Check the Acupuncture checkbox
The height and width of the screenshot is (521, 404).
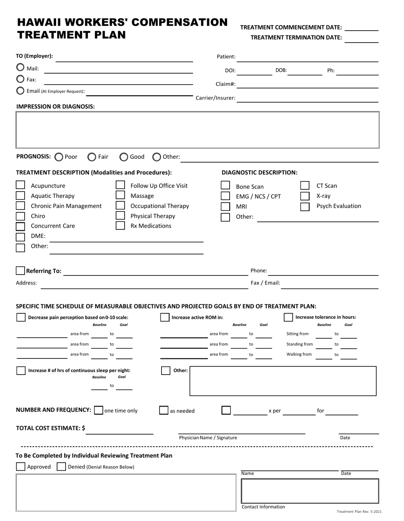20,185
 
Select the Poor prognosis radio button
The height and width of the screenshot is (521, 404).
59,157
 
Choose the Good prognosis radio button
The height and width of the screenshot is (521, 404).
124,157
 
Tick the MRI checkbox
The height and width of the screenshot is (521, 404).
225,206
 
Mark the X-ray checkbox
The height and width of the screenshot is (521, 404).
304,196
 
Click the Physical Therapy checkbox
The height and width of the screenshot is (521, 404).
120,216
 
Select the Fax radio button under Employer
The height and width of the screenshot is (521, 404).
20,79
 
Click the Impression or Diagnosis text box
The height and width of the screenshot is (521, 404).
197,130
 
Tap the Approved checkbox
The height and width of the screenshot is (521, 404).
20,467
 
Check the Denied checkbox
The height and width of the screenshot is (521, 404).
61,467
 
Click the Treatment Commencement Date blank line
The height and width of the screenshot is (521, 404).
361,28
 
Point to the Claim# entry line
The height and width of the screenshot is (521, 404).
307,85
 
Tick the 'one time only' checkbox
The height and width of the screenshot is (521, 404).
98,410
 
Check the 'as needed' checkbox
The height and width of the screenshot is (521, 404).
164,410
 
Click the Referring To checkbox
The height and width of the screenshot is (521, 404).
20,271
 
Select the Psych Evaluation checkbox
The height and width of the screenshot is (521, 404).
304,206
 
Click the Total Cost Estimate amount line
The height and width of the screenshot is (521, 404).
119,431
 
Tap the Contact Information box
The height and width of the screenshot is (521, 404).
310,491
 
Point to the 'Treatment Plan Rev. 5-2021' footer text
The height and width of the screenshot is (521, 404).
359,512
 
